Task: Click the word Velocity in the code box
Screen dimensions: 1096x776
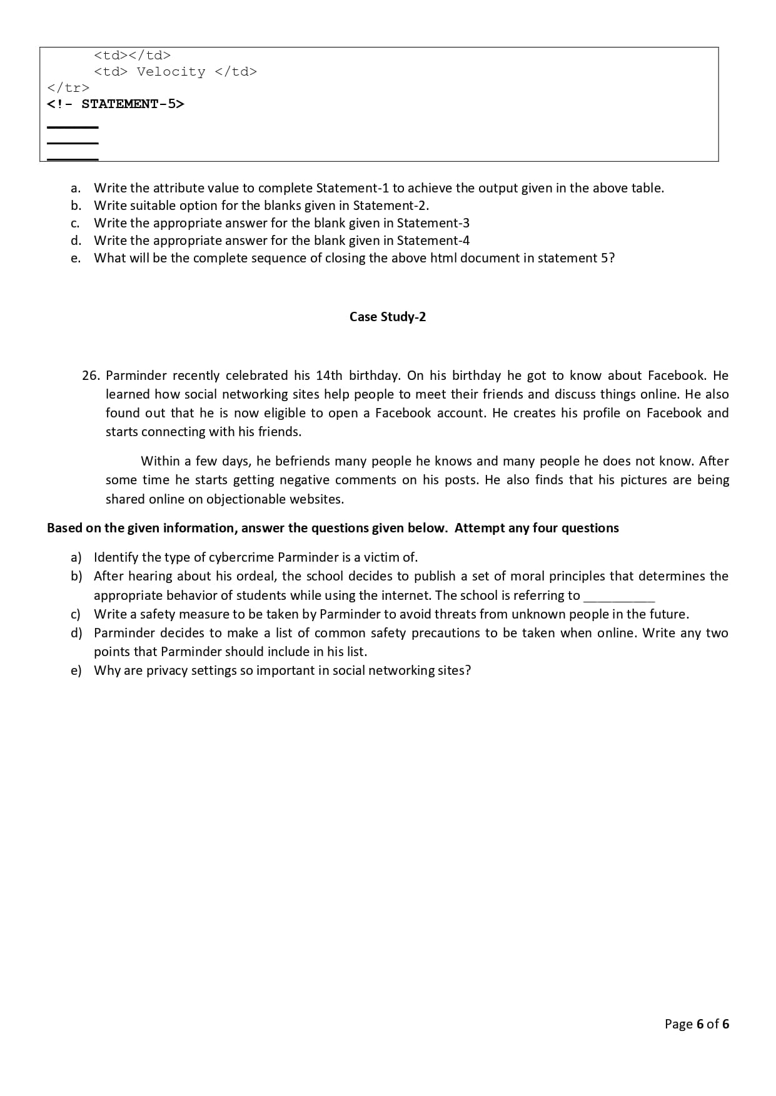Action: pos(171,72)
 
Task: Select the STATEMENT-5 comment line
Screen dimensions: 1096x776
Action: pos(116,104)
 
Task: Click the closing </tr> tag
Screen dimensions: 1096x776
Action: pos(68,87)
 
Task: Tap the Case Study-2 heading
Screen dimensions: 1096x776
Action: pos(388,317)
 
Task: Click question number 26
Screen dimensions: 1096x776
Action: pos(91,376)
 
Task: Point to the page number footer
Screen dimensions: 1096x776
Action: pos(697,1024)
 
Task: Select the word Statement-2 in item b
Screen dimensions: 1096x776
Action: pos(390,206)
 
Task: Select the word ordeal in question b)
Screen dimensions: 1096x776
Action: pos(256,576)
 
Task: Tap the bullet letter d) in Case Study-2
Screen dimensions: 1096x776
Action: pos(76,633)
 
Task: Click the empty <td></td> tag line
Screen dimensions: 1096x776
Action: pos(133,56)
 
